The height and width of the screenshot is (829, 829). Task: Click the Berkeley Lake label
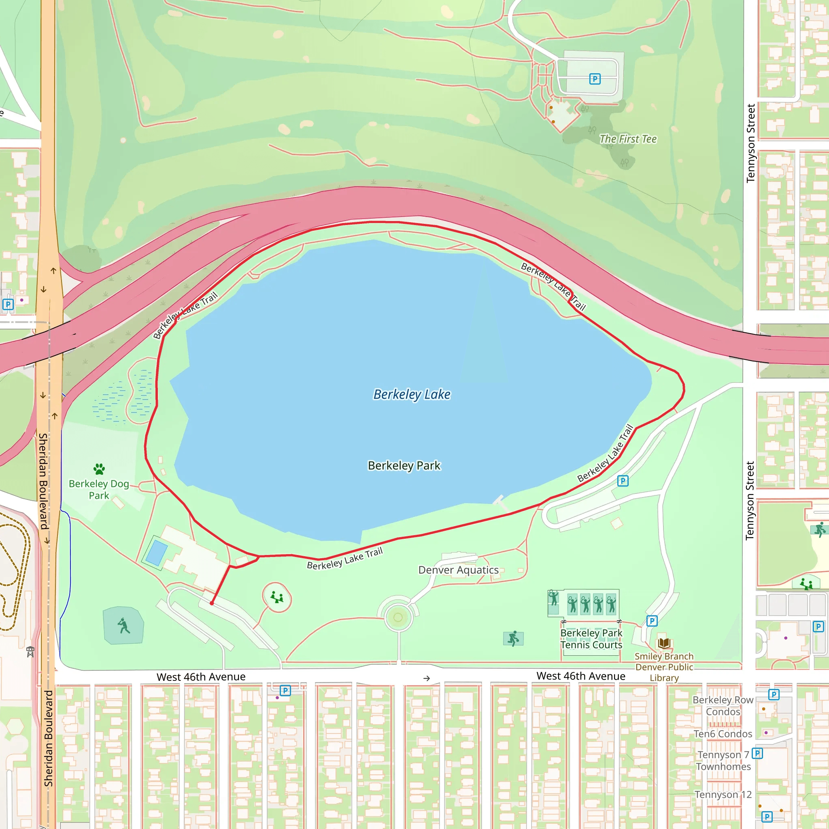pos(412,394)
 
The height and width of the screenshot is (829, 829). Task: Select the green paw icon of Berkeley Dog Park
pos(99,469)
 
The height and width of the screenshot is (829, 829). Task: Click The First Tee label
pos(628,139)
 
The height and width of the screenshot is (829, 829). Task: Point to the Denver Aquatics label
pos(458,570)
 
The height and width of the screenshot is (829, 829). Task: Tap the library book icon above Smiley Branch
pos(664,643)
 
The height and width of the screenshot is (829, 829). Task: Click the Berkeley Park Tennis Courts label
pos(591,639)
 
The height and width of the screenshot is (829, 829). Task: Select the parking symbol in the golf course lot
pos(595,79)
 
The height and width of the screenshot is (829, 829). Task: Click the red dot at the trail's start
pos(212,603)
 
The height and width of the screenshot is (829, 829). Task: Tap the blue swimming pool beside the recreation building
pos(157,552)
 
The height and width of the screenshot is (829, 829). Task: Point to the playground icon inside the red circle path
pos(277,597)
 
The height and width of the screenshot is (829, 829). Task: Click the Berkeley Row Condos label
pos(723,706)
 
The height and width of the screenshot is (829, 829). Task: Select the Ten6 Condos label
pos(723,734)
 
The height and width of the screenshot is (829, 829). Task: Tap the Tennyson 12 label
pos(723,795)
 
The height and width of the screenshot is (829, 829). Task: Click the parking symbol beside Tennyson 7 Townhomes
pos(757,753)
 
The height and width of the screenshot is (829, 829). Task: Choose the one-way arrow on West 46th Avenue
pos(427,678)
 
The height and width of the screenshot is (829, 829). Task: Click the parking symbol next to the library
pos(652,621)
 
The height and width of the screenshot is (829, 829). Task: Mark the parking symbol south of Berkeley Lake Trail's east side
pos(623,481)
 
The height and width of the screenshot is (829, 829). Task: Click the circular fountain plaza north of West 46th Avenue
pos(398,617)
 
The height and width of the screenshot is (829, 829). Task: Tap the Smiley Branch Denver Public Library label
pos(664,667)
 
